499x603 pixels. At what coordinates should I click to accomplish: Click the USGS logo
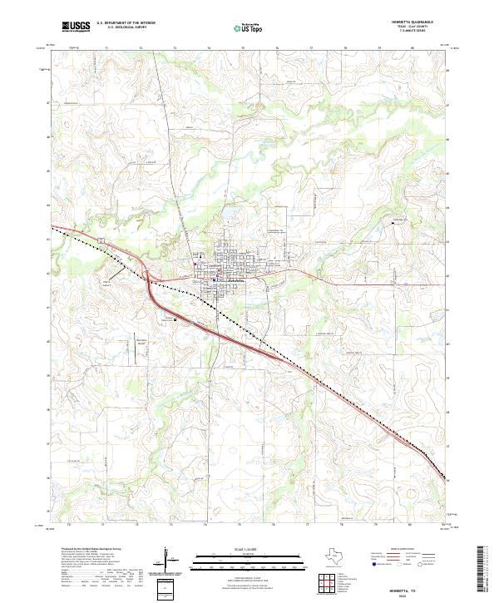click(x=75, y=27)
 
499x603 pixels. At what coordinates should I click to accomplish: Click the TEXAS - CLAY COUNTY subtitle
click(x=422, y=29)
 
